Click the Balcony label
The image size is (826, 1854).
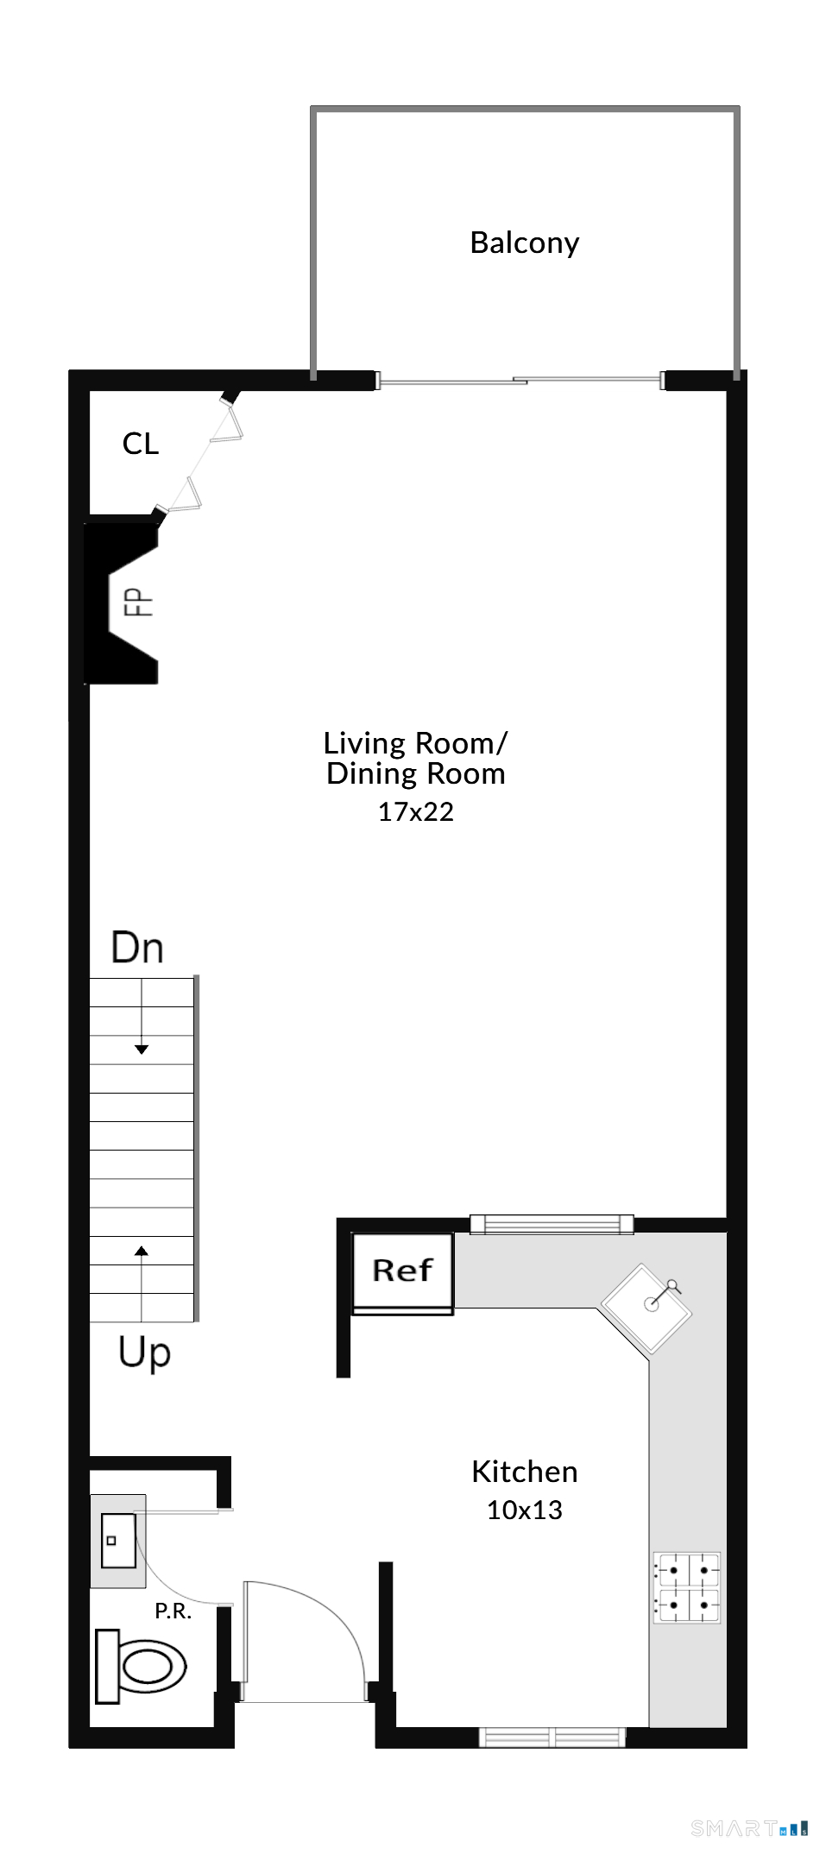click(x=524, y=243)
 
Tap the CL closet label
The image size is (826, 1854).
click(x=141, y=444)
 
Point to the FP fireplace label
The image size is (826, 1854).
click(x=139, y=602)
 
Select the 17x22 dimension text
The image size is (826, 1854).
click(x=415, y=811)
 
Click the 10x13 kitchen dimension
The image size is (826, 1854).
click(x=524, y=1510)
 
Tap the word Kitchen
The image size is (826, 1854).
click(x=524, y=1472)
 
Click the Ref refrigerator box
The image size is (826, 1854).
click(x=402, y=1271)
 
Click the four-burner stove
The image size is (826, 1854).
click(x=686, y=1588)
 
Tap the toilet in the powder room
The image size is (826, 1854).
click(x=140, y=1666)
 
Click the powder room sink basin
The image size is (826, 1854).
click(x=118, y=1541)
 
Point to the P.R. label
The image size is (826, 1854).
click(x=173, y=1611)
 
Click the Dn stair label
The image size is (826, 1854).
click(x=137, y=948)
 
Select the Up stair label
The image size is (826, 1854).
click(x=144, y=1353)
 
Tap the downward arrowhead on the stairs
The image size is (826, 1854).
click(x=142, y=1050)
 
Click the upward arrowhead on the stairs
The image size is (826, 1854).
click(x=142, y=1251)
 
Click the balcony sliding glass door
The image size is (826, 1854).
click(x=520, y=380)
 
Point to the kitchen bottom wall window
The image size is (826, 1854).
click(x=552, y=1737)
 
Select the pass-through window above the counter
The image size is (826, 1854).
click(x=552, y=1224)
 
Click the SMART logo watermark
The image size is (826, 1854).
click(x=749, y=1827)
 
